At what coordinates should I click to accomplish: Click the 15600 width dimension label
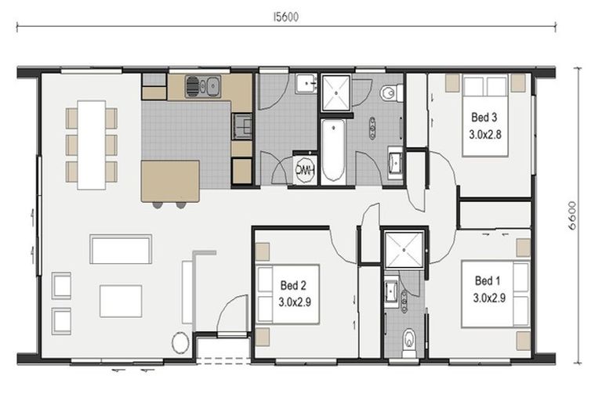[285, 17]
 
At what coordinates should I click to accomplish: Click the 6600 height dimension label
[571, 215]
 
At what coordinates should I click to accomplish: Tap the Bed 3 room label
[484, 117]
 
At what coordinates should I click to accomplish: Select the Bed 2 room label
[293, 286]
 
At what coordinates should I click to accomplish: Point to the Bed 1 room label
[488, 281]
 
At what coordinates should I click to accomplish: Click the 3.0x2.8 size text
[485, 135]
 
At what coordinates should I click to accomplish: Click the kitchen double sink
[203, 86]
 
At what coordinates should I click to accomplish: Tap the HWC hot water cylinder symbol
[305, 170]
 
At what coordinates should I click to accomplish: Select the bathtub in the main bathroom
[332, 151]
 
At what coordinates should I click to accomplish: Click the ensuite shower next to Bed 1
[404, 249]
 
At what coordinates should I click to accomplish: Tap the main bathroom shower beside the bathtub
[336, 93]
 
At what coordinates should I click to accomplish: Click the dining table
[92, 145]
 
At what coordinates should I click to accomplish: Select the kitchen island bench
[170, 181]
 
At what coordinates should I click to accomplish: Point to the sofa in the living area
[121, 249]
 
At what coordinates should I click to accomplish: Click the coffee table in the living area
[121, 301]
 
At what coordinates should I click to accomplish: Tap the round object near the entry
[180, 343]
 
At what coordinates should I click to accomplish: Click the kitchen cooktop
[241, 126]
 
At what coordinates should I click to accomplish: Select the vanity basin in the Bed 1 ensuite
[392, 291]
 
